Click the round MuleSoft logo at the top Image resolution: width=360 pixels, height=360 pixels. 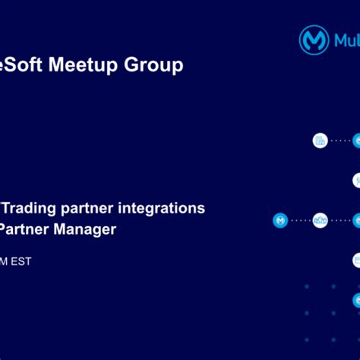(314, 39)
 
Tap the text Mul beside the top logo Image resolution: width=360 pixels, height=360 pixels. (346, 39)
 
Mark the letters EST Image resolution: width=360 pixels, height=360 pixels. (21, 261)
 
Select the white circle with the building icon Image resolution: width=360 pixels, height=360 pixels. (321, 141)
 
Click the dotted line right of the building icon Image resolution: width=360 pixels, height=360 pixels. (340, 141)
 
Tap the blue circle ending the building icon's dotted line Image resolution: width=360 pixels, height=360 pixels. (356, 141)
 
